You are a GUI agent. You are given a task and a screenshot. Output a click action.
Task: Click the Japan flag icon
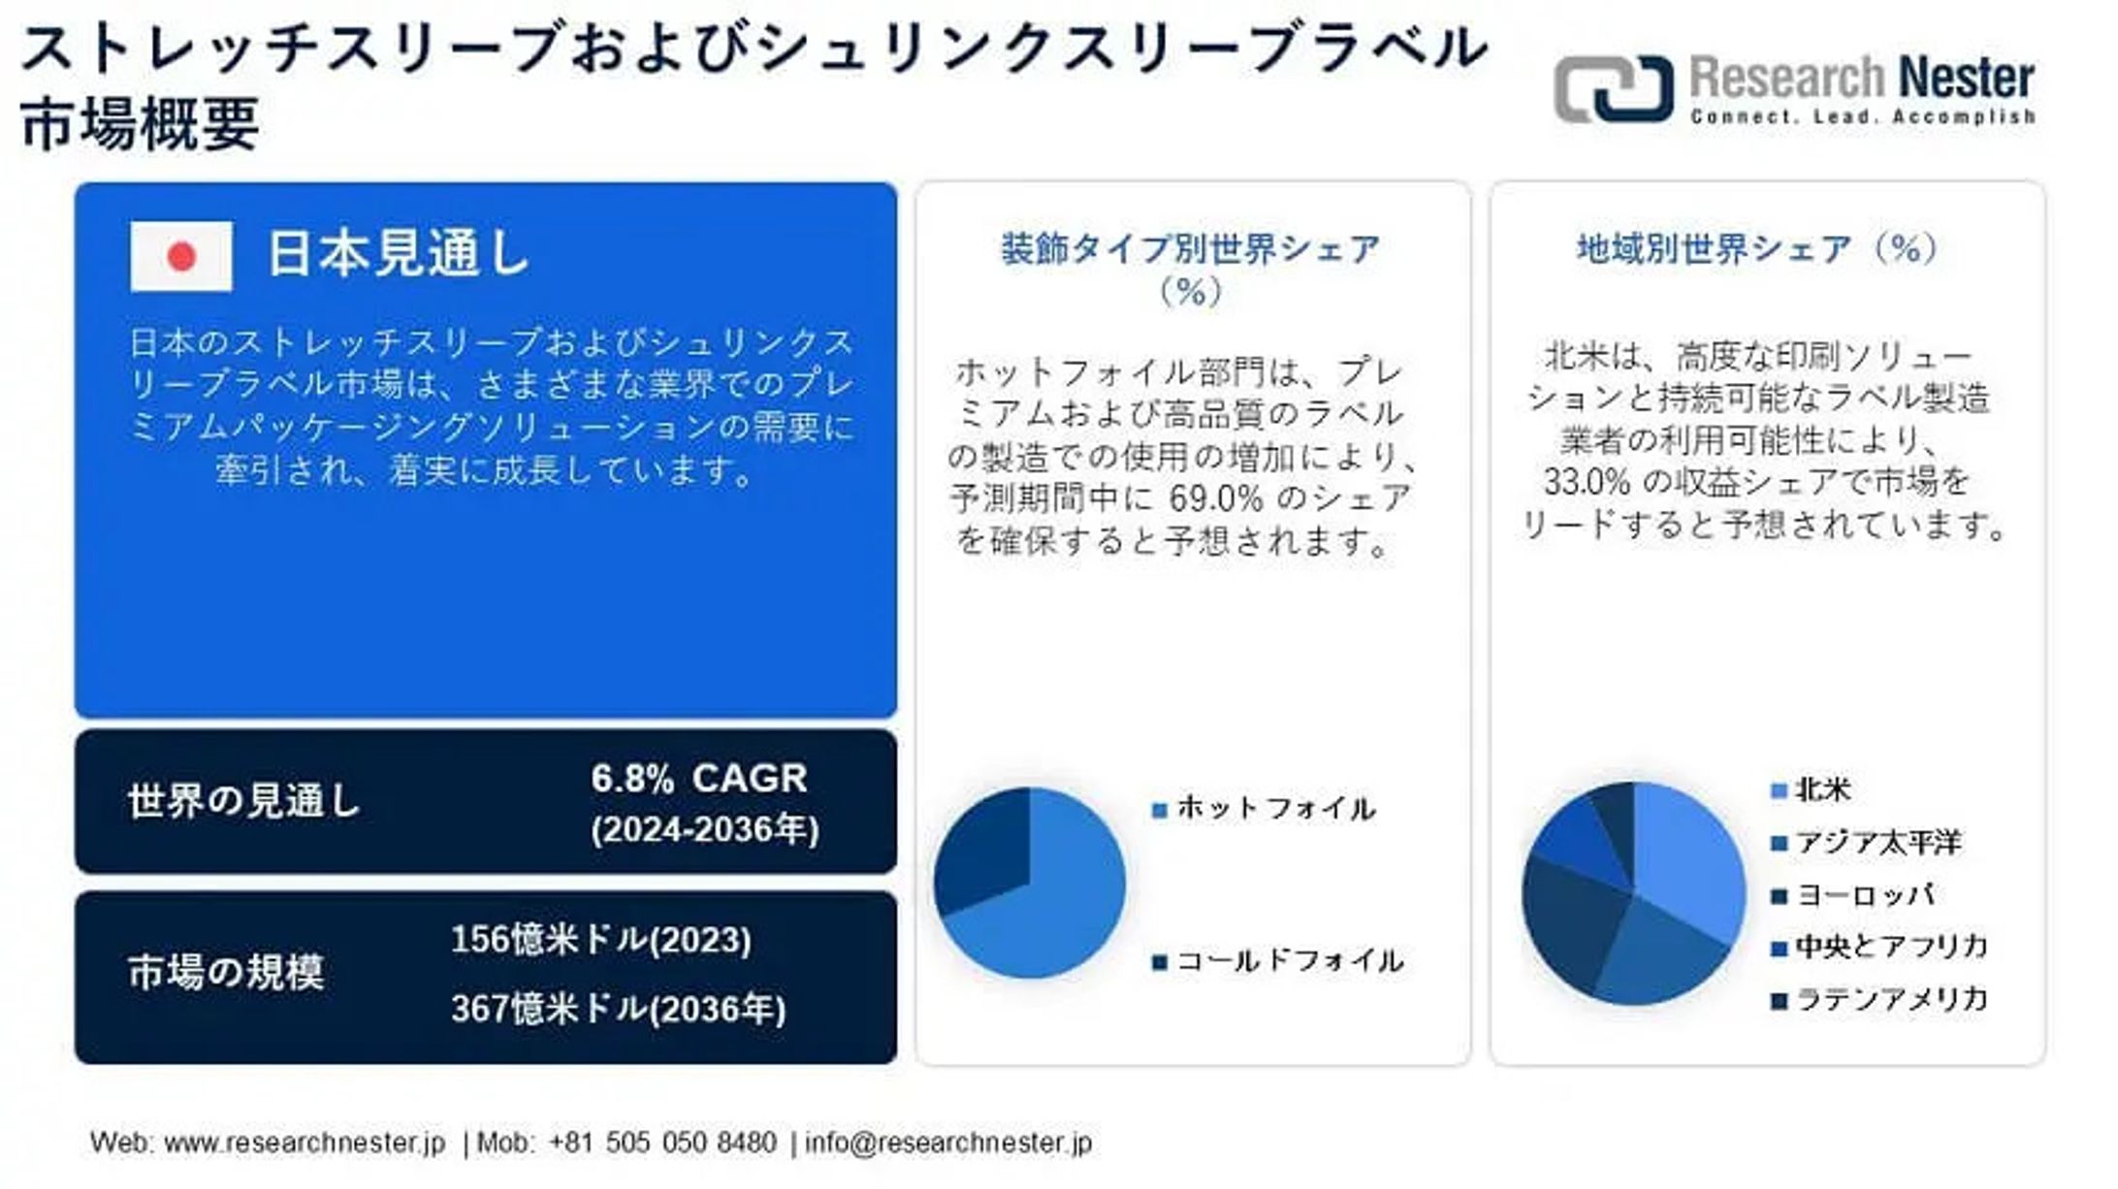point(181,256)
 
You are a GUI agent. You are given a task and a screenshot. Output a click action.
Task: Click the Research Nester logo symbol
point(1613,89)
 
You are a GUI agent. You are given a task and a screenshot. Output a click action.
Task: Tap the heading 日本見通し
point(398,254)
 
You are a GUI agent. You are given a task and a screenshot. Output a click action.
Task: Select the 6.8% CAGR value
point(698,779)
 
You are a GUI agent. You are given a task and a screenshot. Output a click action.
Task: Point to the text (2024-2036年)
point(705,830)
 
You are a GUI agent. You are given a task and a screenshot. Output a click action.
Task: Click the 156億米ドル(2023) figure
point(601,940)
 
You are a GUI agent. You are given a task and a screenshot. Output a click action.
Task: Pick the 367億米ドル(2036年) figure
point(618,1010)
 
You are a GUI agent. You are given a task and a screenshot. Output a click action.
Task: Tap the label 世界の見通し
point(243,802)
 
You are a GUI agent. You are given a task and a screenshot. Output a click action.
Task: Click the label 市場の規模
point(226,973)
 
